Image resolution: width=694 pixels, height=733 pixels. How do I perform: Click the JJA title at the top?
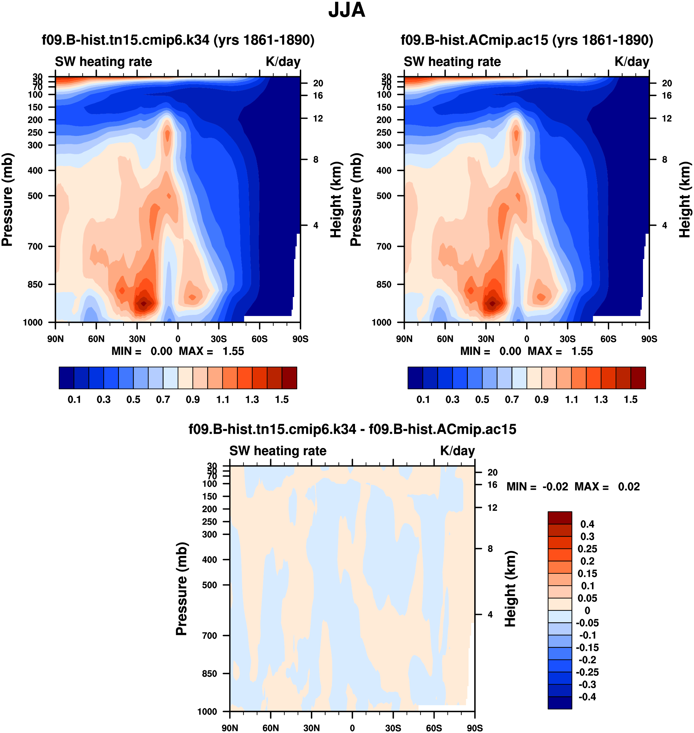(x=347, y=10)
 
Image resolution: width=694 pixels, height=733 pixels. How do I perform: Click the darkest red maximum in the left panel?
(x=144, y=303)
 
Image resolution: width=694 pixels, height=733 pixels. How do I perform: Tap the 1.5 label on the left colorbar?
(x=282, y=400)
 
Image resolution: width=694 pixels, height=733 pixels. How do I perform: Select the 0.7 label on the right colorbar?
(x=512, y=400)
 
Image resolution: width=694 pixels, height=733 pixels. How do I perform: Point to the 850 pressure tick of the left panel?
(x=36, y=284)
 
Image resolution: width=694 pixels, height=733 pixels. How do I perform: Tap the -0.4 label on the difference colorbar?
(x=587, y=697)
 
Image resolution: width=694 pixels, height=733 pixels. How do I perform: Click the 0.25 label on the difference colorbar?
(x=587, y=549)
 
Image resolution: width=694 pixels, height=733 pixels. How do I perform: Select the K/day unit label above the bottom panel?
(x=457, y=451)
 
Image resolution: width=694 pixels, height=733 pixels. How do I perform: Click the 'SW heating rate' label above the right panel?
(x=452, y=62)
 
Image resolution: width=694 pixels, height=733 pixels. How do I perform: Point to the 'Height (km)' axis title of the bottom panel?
(x=511, y=588)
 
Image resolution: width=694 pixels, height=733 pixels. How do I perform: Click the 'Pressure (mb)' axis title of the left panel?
(x=7, y=200)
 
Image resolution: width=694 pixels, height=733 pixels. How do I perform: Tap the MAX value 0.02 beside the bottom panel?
(x=629, y=487)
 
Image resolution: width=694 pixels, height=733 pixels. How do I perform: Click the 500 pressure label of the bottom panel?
(x=209, y=585)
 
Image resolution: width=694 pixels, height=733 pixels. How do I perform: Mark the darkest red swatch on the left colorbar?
(x=289, y=378)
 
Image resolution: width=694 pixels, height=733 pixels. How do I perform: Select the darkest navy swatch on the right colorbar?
(x=415, y=378)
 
